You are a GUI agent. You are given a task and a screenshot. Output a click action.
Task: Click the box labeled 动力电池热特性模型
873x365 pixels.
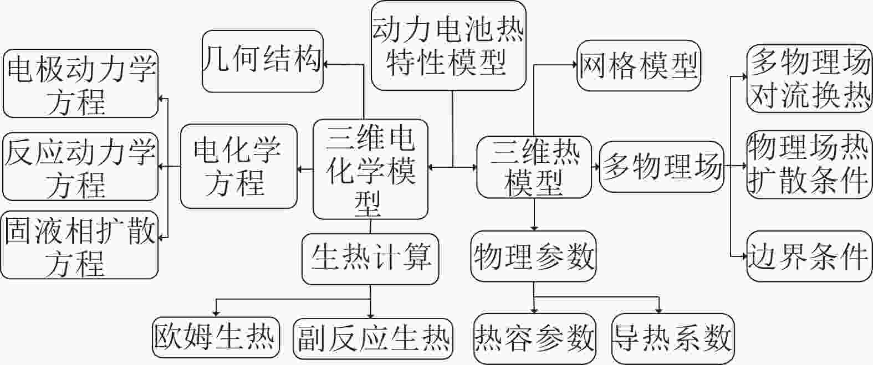coord(448,46)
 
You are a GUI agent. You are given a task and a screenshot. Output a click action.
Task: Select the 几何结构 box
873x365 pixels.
coord(263,61)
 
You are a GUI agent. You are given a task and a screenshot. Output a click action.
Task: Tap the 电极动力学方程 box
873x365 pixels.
coord(80,84)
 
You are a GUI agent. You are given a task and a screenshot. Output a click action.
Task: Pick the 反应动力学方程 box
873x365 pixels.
coord(80,167)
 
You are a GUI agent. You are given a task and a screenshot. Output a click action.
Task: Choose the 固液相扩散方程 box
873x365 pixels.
coord(79,245)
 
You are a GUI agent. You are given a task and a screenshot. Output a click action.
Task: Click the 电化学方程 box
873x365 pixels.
coord(239,166)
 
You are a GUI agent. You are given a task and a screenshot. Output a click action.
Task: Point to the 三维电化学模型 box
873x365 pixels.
coord(371,169)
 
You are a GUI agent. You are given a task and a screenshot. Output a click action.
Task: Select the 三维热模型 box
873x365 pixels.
coord(534,167)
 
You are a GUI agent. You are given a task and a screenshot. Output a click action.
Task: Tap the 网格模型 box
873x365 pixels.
coord(639,65)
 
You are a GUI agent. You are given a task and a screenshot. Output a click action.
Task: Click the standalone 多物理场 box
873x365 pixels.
coord(662,167)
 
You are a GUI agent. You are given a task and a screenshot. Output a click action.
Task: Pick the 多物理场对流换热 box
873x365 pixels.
coord(809,79)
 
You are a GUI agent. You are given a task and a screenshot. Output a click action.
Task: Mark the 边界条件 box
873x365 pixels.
coord(809,256)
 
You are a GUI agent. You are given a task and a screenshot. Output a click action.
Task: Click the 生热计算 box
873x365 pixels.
coord(371,259)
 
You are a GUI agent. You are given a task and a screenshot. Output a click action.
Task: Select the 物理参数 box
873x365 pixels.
coord(534,256)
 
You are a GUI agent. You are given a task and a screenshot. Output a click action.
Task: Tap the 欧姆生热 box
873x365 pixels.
coord(216,337)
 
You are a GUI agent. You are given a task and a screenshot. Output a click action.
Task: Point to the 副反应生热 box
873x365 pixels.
coord(373,339)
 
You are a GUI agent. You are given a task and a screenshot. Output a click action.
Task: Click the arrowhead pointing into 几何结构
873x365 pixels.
coord(326,65)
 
